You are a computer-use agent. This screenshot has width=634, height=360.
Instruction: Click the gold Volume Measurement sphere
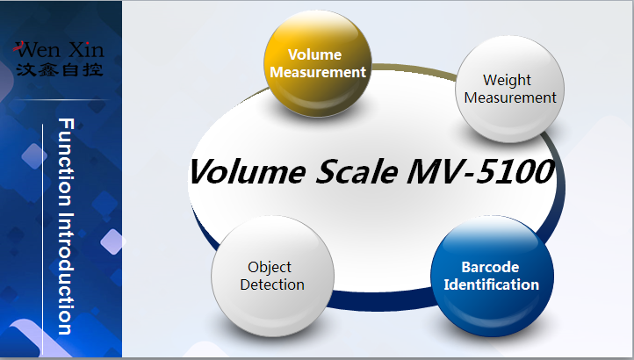(x=317, y=64)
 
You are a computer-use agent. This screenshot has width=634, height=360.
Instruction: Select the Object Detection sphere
(x=272, y=276)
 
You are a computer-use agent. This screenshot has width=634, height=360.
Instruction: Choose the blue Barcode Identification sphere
(x=491, y=276)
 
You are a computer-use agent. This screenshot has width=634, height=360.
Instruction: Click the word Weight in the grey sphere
(x=508, y=81)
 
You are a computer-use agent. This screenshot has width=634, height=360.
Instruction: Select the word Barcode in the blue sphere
(x=491, y=267)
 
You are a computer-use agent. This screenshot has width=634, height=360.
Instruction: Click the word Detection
(x=272, y=284)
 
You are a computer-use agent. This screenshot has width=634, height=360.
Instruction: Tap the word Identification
(x=491, y=284)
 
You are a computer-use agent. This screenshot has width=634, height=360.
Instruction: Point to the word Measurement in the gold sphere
(x=317, y=72)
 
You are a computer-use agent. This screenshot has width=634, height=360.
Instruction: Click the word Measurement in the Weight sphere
(x=510, y=98)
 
